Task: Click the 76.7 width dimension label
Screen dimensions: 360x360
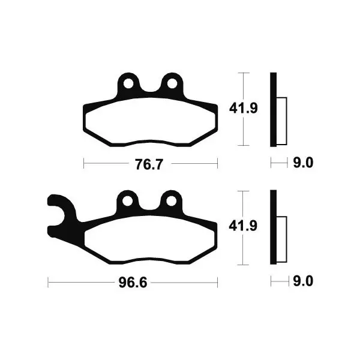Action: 149,164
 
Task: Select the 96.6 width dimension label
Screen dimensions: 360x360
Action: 133,283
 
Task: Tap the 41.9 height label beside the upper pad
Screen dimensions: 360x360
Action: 244,108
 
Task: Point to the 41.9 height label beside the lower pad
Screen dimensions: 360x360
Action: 243,226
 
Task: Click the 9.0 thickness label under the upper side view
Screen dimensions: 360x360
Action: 303,163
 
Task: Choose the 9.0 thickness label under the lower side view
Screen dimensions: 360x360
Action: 303,281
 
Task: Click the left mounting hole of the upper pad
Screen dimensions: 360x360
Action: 128,83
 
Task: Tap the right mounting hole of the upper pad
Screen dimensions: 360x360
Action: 172,83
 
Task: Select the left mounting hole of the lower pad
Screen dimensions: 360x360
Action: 127,201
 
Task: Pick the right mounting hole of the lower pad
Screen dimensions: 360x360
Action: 171,201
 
